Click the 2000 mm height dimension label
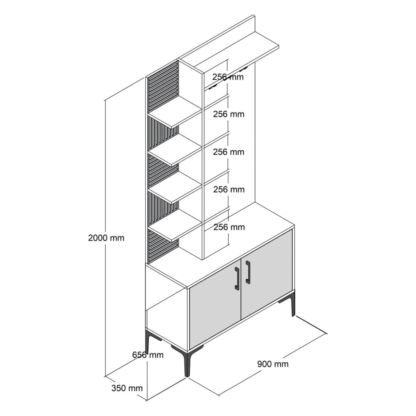point(106,238)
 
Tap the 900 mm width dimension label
point(273,364)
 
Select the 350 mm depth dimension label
point(127,388)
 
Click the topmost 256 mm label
point(228,77)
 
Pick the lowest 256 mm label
point(229,227)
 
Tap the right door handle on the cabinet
point(248,272)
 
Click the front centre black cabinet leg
point(185,361)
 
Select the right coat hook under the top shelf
point(244,69)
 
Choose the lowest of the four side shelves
point(175,226)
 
